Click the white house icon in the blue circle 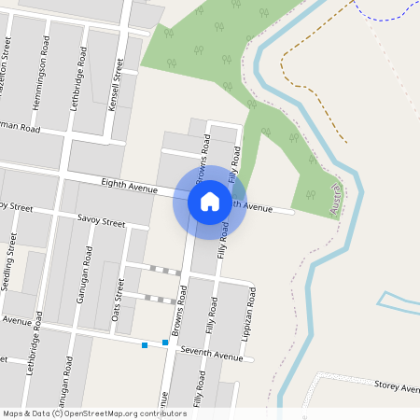210,202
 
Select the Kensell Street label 117,85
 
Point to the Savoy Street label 101,223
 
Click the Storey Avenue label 397,385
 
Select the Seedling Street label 9,262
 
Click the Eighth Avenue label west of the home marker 130,188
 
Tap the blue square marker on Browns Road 165,343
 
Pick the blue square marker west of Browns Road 145,345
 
